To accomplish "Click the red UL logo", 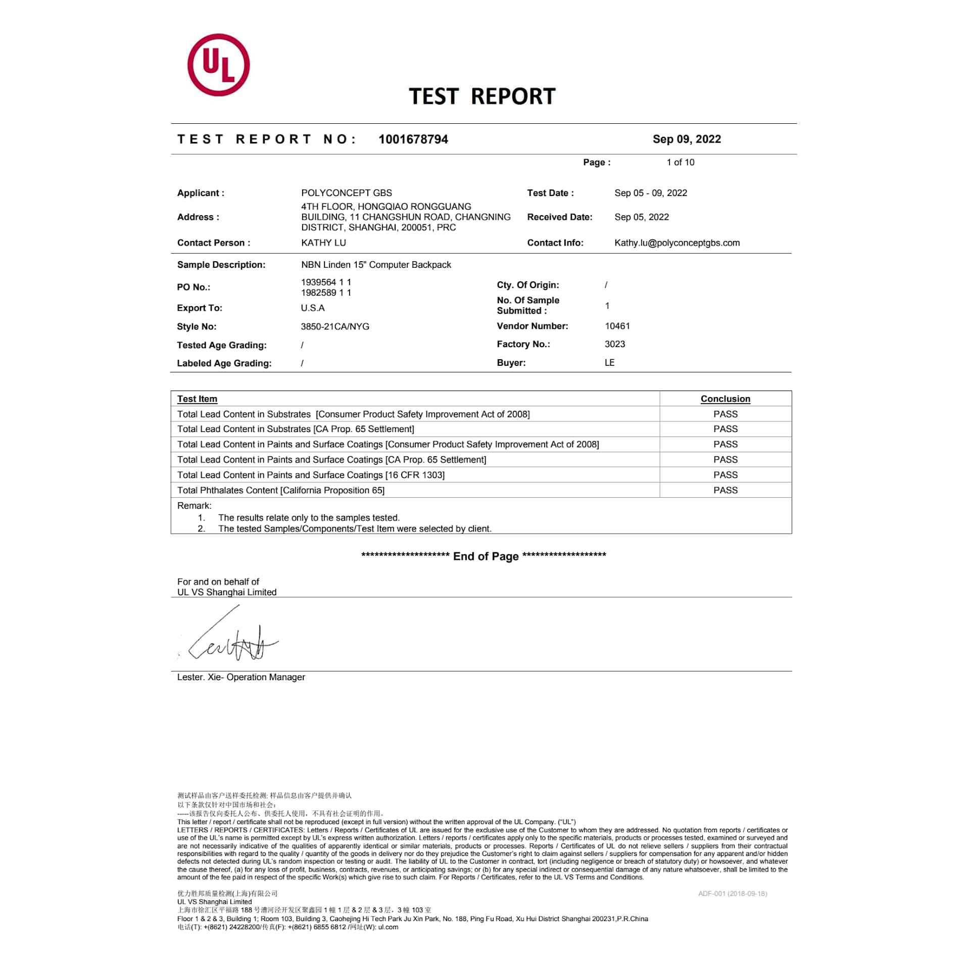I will coord(218,65).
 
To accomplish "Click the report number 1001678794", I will coord(413,139).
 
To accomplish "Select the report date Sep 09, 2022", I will coord(686,139).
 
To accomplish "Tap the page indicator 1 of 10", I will coord(680,162).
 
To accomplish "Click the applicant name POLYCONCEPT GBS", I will coord(346,193).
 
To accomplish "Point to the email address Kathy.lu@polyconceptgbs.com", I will coord(677,243).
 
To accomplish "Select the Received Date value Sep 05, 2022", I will coord(641,217).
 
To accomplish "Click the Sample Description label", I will coord(221,265).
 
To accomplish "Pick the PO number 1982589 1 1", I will coord(326,293).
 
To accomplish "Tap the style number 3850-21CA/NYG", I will coord(334,326).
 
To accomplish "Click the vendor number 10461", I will coord(617,326).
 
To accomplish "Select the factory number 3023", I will coord(614,344).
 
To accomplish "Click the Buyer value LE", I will coord(609,363).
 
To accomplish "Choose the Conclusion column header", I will coord(725,399).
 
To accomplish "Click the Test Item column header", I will coord(197,399).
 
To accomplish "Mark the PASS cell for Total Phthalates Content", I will coord(725,490).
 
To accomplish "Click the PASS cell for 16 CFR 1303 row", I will coord(725,475).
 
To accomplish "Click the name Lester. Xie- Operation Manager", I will coord(241,677).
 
